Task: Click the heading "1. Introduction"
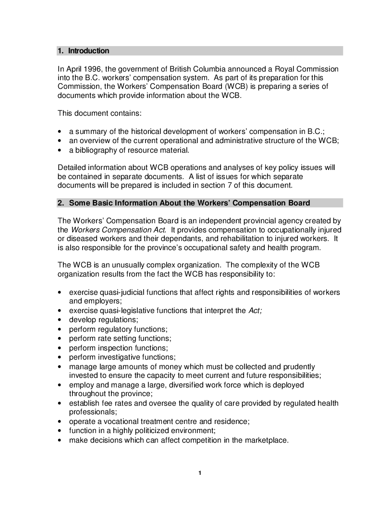(84, 51)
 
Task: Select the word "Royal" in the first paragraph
(282, 69)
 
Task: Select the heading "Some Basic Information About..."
(189, 203)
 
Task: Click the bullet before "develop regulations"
(59, 320)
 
